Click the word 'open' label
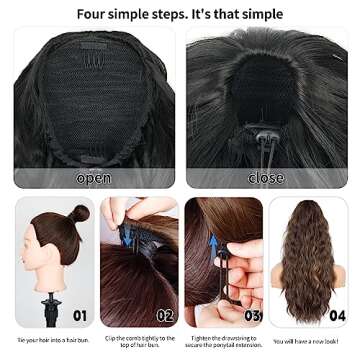(x=92, y=178)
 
